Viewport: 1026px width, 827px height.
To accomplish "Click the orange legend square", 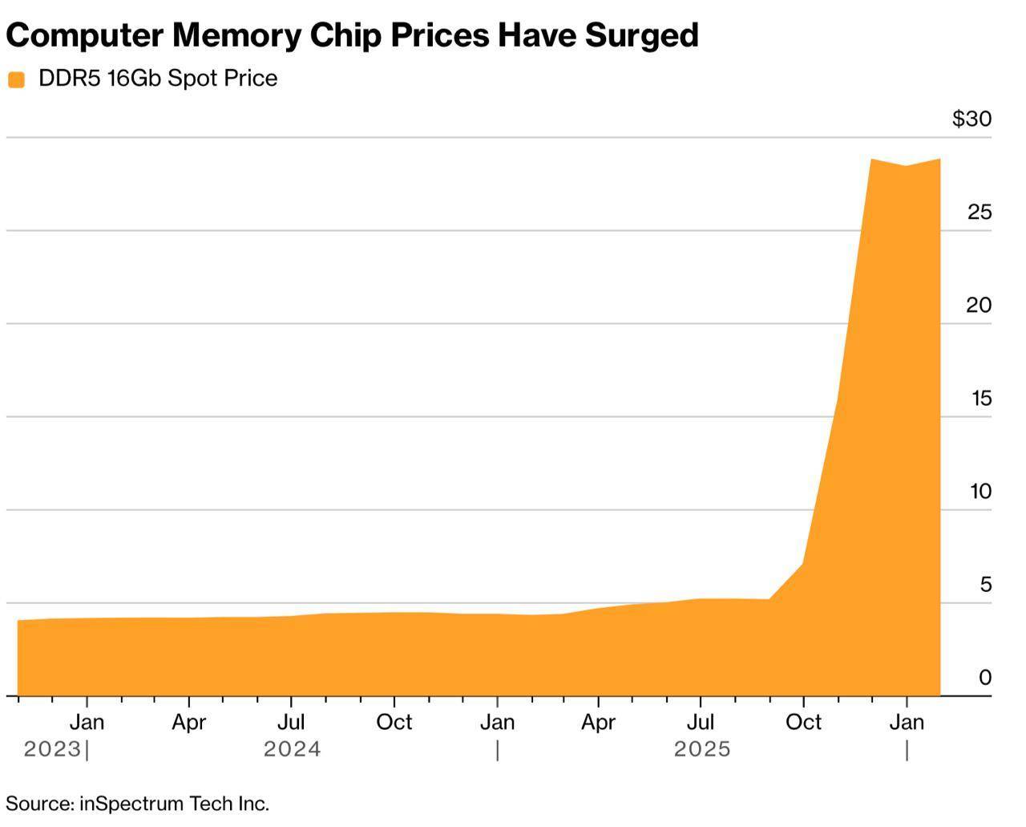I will tap(16, 79).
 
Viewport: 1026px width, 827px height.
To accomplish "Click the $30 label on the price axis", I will tap(971, 119).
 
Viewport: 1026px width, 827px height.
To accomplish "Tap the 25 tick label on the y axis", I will tap(980, 212).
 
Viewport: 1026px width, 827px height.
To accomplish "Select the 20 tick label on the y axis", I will tap(980, 305).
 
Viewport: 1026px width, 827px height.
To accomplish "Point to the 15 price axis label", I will tap(981, 398).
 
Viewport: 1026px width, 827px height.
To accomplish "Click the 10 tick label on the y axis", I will tap(981, 491).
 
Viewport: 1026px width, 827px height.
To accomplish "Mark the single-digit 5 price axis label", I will tap(986, 584).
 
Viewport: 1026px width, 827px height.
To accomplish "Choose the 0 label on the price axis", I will tap(985, 677).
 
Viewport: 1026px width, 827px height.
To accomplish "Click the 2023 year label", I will tap(52, 749).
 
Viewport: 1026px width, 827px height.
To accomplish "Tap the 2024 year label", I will tap(292, 749).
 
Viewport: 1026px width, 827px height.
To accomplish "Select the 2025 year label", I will tap(702, 749).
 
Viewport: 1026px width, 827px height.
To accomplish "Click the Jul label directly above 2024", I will tap(291, 722).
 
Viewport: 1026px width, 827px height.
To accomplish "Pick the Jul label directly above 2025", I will tap(701, 722).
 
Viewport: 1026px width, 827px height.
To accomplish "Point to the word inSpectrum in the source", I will tap(132, 803).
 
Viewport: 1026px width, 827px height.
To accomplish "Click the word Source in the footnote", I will tap(38, 803).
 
